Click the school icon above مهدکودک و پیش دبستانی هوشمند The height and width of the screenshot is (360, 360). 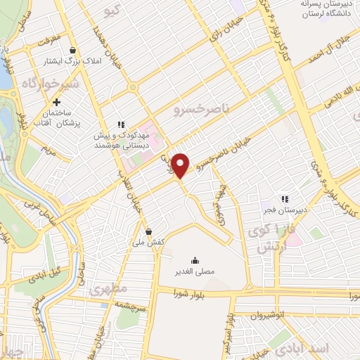pyautogui.click(x=121, y=124)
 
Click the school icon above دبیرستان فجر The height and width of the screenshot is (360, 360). pyautogui.click(x=285, y=181)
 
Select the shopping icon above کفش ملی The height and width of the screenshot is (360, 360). pyautogui.click(x=148, y=231)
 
